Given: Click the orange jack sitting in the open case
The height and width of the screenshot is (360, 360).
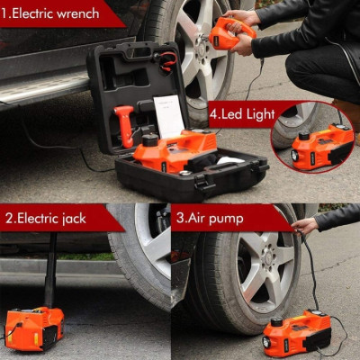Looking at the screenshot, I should coord(176,148).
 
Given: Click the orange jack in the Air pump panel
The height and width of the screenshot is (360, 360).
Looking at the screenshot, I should coord(296,332).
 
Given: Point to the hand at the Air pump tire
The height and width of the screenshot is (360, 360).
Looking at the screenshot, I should coord(306,225).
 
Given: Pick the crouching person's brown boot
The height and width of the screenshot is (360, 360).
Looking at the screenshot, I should coord(346,112).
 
